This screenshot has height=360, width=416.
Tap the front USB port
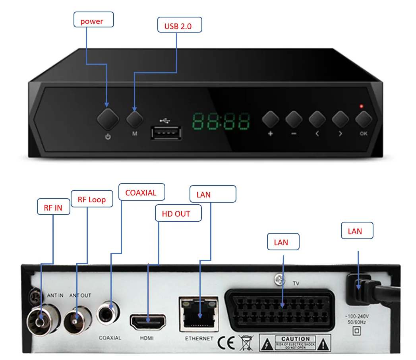(x=166, y=133)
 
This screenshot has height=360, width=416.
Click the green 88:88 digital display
(x=221, y=122)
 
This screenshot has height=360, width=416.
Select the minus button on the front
(x=294, y=119)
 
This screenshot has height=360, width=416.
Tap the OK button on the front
(x=363, y=119)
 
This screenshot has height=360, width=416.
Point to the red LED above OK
(x=361, y=106)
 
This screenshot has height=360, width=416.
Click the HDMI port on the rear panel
(x=147, y=321)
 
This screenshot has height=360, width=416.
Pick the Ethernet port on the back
(x=199, y=314)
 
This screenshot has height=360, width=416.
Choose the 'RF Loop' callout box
(x=92, y=199)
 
